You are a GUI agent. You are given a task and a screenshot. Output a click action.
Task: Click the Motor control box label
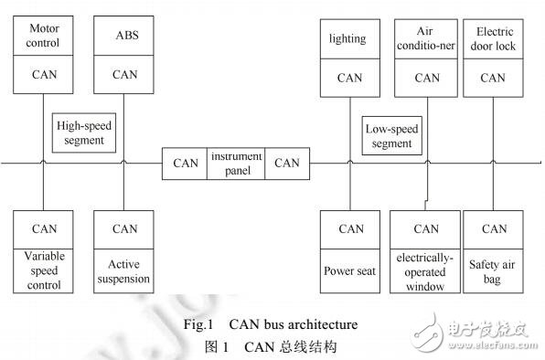(43, 36)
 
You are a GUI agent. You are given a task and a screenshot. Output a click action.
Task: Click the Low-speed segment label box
(392, 136)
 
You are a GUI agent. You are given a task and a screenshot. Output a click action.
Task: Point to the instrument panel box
(237, 163)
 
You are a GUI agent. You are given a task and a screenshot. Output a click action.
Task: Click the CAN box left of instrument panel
(186, 164)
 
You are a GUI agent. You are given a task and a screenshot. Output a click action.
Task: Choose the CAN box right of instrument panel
(287, 164)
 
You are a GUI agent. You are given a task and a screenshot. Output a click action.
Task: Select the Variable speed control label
(44, 271)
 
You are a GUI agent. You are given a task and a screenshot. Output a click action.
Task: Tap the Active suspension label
(124, 271)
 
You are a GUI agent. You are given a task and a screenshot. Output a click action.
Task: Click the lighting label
(347, 38)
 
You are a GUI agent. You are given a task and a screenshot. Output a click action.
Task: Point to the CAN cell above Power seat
(350, 229)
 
